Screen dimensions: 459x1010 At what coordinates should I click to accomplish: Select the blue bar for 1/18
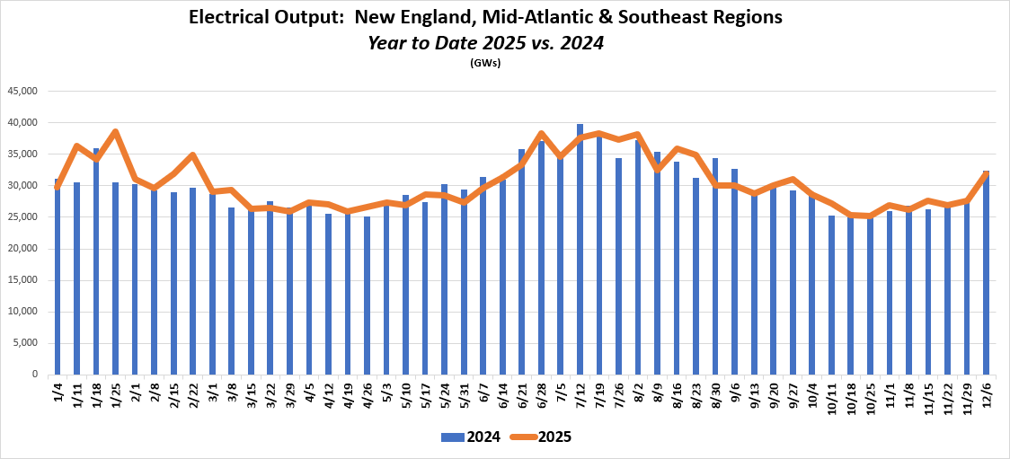[96, 261]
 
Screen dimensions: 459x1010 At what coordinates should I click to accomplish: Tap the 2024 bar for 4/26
[367, 296]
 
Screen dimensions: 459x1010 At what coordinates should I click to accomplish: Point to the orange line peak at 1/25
[115, 132]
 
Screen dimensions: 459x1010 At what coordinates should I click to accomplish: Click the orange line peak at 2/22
[192, 155]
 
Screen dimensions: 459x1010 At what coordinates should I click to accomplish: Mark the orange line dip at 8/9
[657, 168]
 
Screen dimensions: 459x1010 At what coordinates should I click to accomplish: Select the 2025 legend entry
[541, 437]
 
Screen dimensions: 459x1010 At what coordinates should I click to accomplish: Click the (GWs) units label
[485, 63]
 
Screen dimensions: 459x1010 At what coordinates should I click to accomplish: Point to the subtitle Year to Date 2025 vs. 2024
[485, 42]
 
